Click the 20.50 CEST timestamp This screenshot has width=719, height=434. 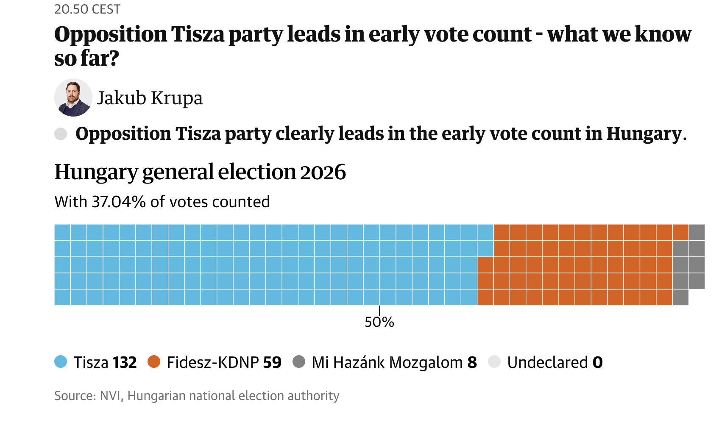click(x=87, y=9)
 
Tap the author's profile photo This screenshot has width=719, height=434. click(x=73, y=97)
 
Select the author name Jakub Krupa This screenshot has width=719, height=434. click(x=150, y=98)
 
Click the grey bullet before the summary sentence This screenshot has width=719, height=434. click(x=61, y=134)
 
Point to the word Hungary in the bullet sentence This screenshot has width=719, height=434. click(x=644, y=134)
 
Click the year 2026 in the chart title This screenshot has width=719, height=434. click(x=323, y=172)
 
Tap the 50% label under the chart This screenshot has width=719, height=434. click(x=379, y=322)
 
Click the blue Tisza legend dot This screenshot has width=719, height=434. click(x=61, y=362)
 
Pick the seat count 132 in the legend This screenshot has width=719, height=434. click(x=124, y=363)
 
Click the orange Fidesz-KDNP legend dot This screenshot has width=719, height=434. click(x=154, y=362)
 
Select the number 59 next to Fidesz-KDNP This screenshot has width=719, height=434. click(x=272, y=363)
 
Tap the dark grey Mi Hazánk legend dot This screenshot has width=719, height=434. click(x=299, y=362)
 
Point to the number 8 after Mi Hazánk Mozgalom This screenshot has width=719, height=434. click(x=472, y=363)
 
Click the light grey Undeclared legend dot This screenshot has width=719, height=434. click(x=494, y=362)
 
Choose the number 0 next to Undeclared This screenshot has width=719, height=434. click(x=597, y=363)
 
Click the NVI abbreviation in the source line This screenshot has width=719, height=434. click(x=111, y=396)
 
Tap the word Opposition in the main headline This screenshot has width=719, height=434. click(x=111, y=35)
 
